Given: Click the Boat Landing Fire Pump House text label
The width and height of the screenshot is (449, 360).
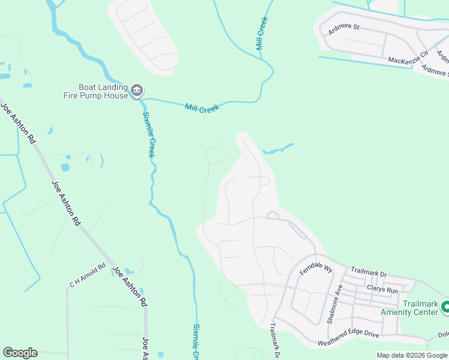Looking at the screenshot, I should [x=96, y=91].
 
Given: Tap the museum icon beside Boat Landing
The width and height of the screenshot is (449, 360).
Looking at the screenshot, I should [x=136, y=91].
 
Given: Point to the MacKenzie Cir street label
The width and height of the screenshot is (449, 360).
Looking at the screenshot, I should [x=408, y=58].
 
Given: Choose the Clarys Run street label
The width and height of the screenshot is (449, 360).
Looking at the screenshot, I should [x=383, y=290].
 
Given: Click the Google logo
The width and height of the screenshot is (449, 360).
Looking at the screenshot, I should [x=20, y=353].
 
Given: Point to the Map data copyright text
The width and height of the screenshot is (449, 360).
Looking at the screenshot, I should [x=412, y=355].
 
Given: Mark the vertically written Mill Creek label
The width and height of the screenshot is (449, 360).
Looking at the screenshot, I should [x=262, y=33].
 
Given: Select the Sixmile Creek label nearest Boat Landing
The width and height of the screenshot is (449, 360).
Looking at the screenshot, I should [x=149, y=135].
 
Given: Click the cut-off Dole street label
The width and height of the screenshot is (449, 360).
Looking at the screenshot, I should [x=443, y=335].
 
